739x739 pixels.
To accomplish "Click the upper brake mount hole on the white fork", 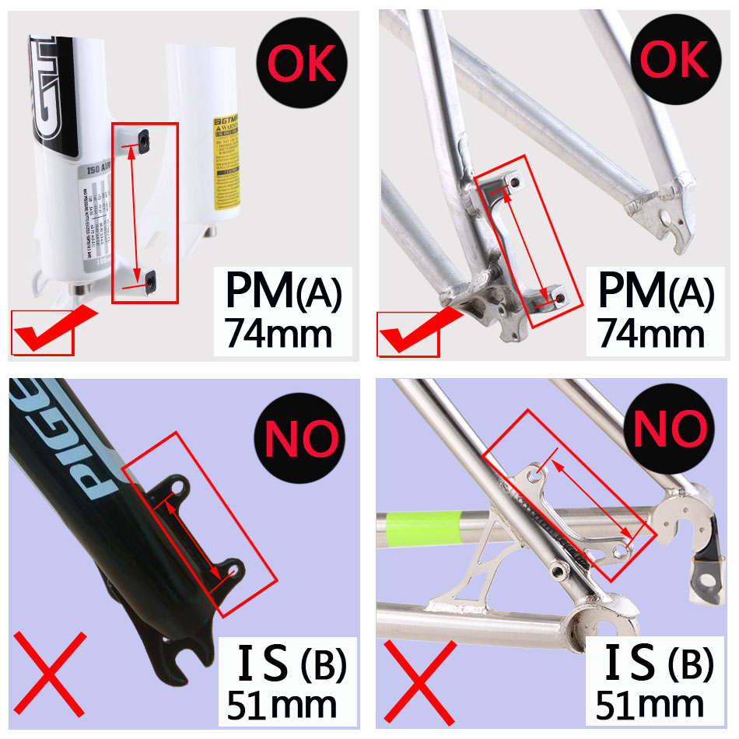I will (x=144, y=138).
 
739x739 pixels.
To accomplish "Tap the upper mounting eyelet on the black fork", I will (x=177, y=488).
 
